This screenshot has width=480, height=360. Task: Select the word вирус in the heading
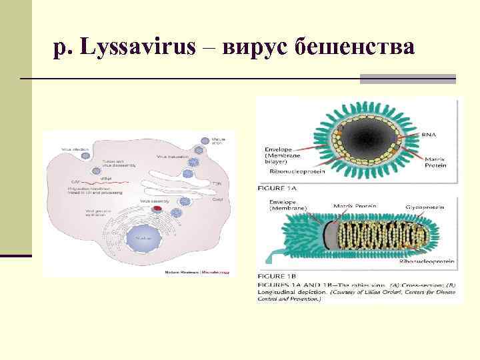[256, 47]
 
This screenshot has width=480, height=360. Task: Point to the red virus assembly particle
[157, 208]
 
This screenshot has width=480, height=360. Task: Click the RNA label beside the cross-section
[429, 135]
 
